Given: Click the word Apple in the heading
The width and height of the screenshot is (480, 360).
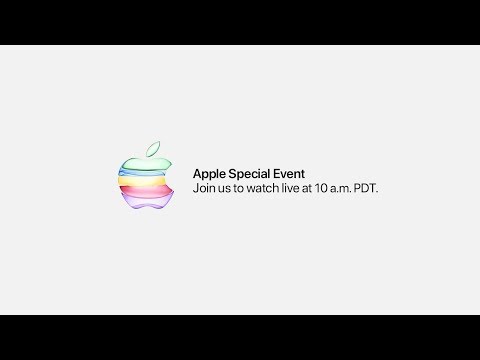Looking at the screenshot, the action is tap(209, 174).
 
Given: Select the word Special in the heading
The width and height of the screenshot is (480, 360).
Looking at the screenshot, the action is tap(249, 174).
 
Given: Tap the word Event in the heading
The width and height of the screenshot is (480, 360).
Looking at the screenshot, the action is tap(289, 174).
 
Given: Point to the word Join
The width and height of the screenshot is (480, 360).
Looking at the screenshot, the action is tap(204, 188).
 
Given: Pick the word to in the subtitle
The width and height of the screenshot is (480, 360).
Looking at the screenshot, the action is tap(238, 189).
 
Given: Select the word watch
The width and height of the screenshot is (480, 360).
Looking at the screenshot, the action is tap(263, 188).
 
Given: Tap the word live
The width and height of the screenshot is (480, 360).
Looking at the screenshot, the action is tap(291, 188).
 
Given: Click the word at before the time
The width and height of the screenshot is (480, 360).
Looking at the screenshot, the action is tap(307, 189).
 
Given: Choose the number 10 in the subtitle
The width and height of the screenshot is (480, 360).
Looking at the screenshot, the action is tap(321, 188).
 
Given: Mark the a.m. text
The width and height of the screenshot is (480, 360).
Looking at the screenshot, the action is tap(341, 189).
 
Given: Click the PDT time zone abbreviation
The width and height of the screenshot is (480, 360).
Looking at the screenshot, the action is tap(366, 188).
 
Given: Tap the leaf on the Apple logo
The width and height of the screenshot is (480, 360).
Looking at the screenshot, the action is tap(153, 149).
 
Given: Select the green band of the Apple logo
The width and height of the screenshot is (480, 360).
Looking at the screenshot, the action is tap(146, 163).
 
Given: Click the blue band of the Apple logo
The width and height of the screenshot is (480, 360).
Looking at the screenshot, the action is tap(142, 172).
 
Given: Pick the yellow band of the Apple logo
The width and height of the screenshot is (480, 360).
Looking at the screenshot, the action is tap(142, 181).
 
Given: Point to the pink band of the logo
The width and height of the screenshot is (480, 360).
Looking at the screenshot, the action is tap(146, 191).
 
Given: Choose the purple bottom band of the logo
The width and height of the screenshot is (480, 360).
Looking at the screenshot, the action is tap(147, 201).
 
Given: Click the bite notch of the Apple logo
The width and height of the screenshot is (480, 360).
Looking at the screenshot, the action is tap(169, 177).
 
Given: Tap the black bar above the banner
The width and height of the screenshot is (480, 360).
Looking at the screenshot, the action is tap(240, 22).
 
